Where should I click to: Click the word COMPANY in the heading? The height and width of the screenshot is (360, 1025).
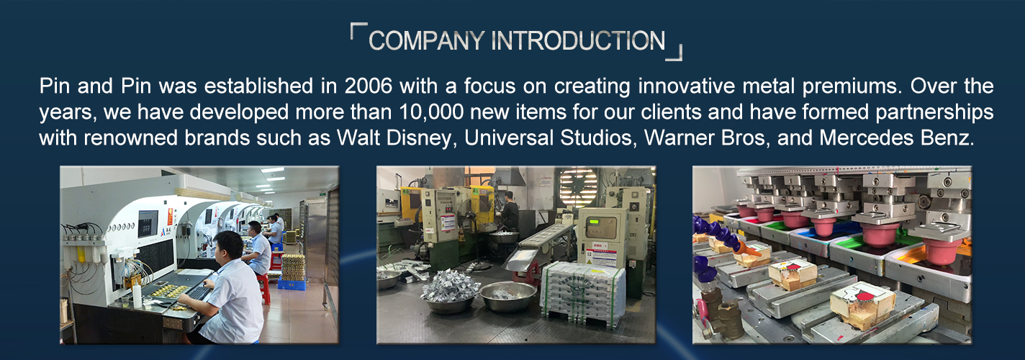[426, 41]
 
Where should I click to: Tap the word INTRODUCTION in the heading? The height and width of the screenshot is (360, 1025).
[579, 41]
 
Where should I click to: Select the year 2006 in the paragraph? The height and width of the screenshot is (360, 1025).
[369, 86]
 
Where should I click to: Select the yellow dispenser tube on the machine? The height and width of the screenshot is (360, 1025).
[81, 255]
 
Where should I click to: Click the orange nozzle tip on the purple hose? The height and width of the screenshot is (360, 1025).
[746, 248]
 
